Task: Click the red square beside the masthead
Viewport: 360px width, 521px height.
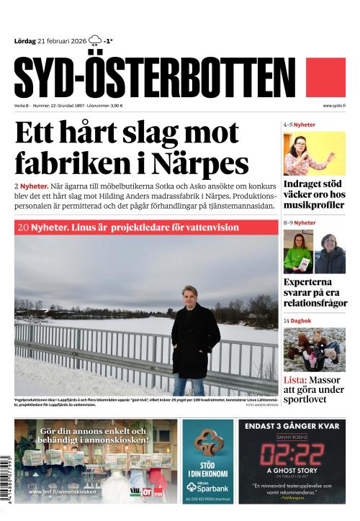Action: [x=326, y=78]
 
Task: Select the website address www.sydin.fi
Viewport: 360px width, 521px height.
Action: [x=335, y=106]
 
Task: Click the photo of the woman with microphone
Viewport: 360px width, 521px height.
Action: [x=314, y=155]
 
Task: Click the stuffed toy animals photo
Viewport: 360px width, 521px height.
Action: [x=314, y=349]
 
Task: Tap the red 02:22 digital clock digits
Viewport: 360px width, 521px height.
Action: [x=292, y=456]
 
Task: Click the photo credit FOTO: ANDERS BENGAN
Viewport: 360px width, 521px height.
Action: [x=261, y=405]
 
